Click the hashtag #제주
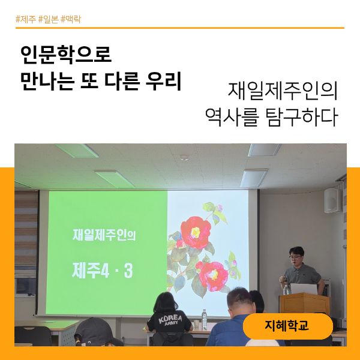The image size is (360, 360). point(25,19)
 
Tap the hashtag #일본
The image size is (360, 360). point(48,19)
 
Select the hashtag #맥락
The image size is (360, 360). point(71,19)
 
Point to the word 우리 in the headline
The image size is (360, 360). point(163,80)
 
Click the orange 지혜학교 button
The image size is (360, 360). point(287,326)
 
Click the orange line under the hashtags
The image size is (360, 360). point(180,28)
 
